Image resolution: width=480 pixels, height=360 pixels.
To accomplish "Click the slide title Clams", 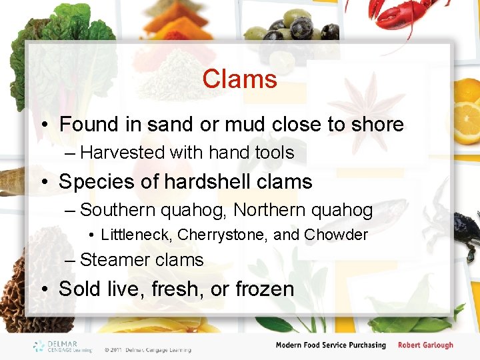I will click(x=239, y=79).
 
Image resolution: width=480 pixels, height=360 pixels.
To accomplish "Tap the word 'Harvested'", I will click(x=122, y=153).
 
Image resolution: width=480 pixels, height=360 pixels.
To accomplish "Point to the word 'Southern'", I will click(x=120, y=211).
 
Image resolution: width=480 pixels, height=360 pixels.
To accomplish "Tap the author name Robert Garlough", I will click(x=425, y=345).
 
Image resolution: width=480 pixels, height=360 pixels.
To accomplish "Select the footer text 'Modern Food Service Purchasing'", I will click(x=331, y=345).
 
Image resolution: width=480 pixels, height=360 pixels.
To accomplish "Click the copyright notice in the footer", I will click(x=147, y=349).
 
